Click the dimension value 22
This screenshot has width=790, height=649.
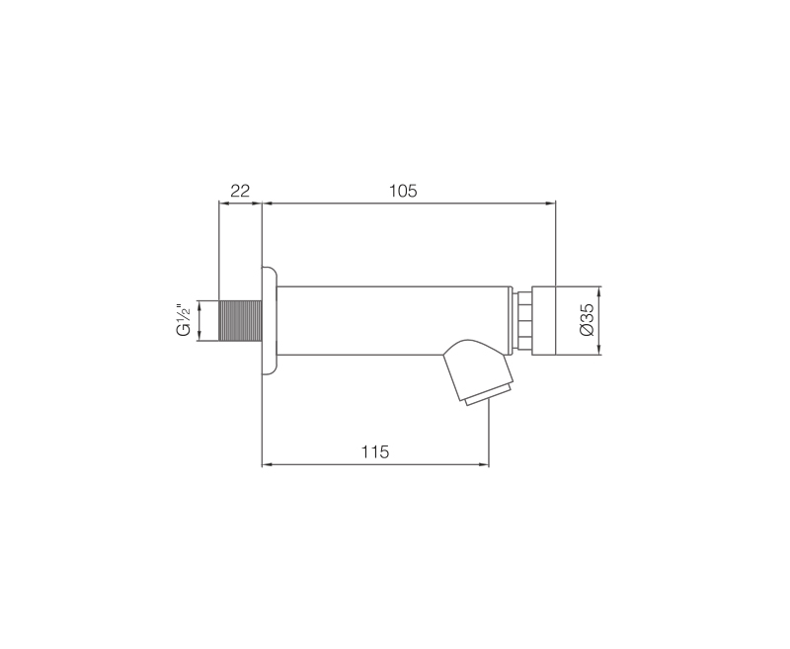240,191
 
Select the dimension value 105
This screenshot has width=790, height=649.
403,191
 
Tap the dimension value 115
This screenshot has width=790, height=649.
375,451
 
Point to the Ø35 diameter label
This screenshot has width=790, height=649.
587,319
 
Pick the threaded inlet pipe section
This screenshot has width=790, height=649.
240,321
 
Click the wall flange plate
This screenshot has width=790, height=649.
269,321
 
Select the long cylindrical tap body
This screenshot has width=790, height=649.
394,321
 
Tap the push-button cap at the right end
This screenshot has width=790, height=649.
544,321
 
